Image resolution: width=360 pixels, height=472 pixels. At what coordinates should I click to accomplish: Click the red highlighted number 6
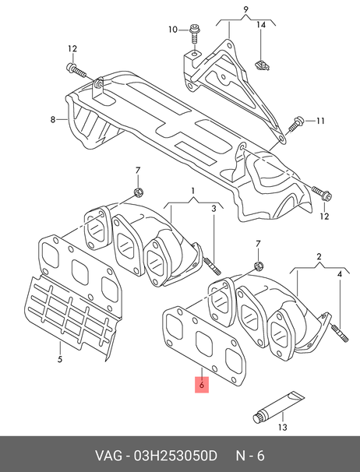(x=202, y=385)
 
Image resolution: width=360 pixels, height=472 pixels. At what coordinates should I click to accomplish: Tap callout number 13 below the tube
(x=283, y=427)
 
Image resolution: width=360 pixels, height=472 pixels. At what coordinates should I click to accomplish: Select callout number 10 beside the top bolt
(x=173, y=30)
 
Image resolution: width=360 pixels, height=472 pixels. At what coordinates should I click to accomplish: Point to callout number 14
(x=261, y=25)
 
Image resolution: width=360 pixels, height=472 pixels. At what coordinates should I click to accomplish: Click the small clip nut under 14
(x=262, y=65)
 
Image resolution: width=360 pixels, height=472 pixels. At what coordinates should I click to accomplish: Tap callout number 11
(x=320, y=121)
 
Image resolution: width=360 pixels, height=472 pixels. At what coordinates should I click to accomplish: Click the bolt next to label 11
(x=296, y=124)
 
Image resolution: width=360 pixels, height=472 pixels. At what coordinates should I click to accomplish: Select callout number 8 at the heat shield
(x=53, y=120)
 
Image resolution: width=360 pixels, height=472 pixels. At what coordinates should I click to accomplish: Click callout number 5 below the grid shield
(x=60, y=359)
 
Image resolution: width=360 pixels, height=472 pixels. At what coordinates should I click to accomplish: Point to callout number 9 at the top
(x=245, y=9)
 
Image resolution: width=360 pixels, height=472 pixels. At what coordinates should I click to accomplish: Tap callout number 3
(x=214, y=208)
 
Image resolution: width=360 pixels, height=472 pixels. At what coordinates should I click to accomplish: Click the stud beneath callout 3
(x=213, y=266)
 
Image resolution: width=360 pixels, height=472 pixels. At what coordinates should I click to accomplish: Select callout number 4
(x=340, y=274)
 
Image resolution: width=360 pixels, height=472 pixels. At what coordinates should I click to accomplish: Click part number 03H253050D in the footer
(x=175, y=456)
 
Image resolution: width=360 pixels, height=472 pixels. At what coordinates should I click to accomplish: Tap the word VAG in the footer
(x=109, y=456)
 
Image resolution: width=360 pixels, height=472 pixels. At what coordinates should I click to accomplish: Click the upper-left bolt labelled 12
(x=76, y=70)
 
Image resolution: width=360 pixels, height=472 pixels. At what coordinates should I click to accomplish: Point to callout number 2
(x=319, y=256)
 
